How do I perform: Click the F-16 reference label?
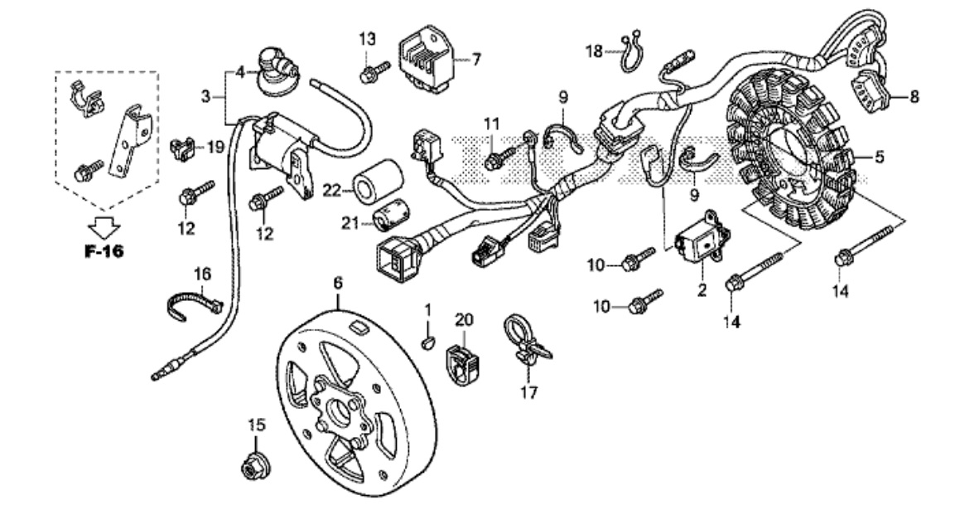[104, 251]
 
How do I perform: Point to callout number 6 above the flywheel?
[338, 283]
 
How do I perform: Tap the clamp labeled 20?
[461, 362]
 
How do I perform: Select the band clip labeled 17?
[523, 340]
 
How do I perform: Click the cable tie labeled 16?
[192, 302]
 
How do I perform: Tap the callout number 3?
[207, 96]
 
